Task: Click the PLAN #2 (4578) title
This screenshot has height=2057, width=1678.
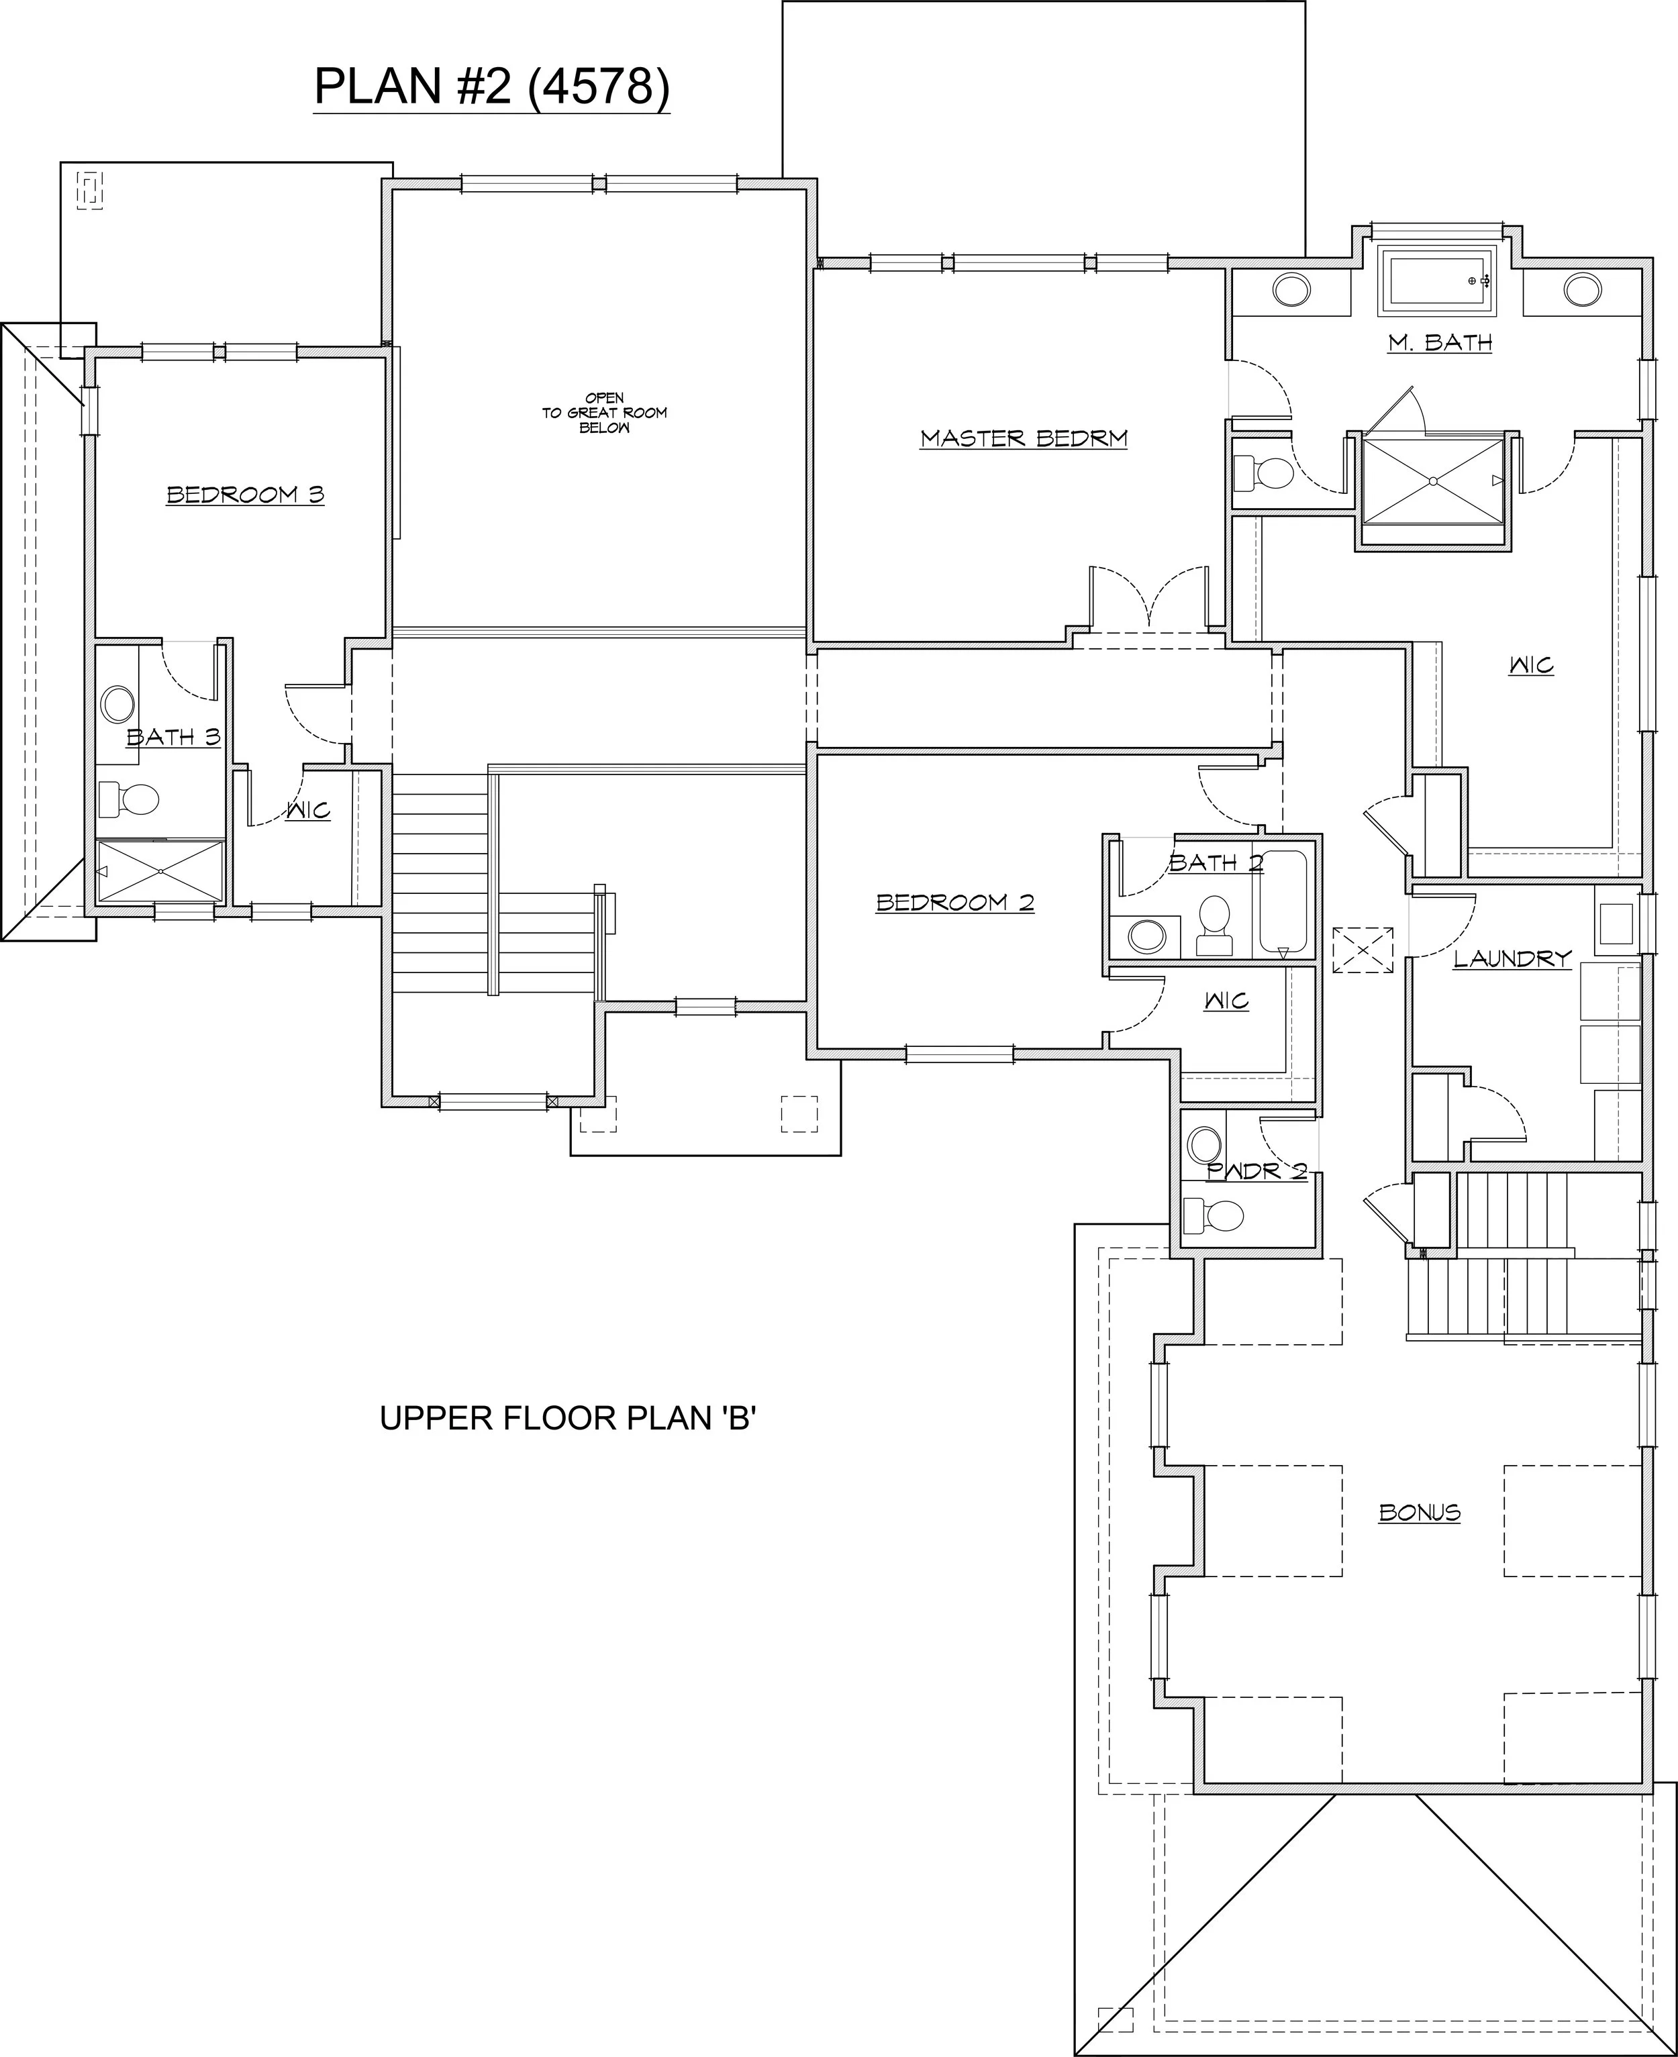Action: click(491, 87)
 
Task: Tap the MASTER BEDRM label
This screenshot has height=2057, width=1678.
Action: click(1024, 438)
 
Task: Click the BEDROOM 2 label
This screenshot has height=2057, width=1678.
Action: click(955, 902)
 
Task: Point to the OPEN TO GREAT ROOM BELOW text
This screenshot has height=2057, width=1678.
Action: click(604, 413)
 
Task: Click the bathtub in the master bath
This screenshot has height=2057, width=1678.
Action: click(1436, 281)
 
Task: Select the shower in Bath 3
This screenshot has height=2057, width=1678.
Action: click(160, 871)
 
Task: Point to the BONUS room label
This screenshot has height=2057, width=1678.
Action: click(1419, 1512)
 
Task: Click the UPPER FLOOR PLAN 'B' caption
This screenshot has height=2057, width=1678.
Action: click(567, 1418)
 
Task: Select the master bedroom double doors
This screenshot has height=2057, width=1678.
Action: click(1148, 599)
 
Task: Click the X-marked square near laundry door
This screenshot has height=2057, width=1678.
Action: click(1363, 949)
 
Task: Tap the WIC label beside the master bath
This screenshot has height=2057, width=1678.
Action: click(1531, 665)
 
